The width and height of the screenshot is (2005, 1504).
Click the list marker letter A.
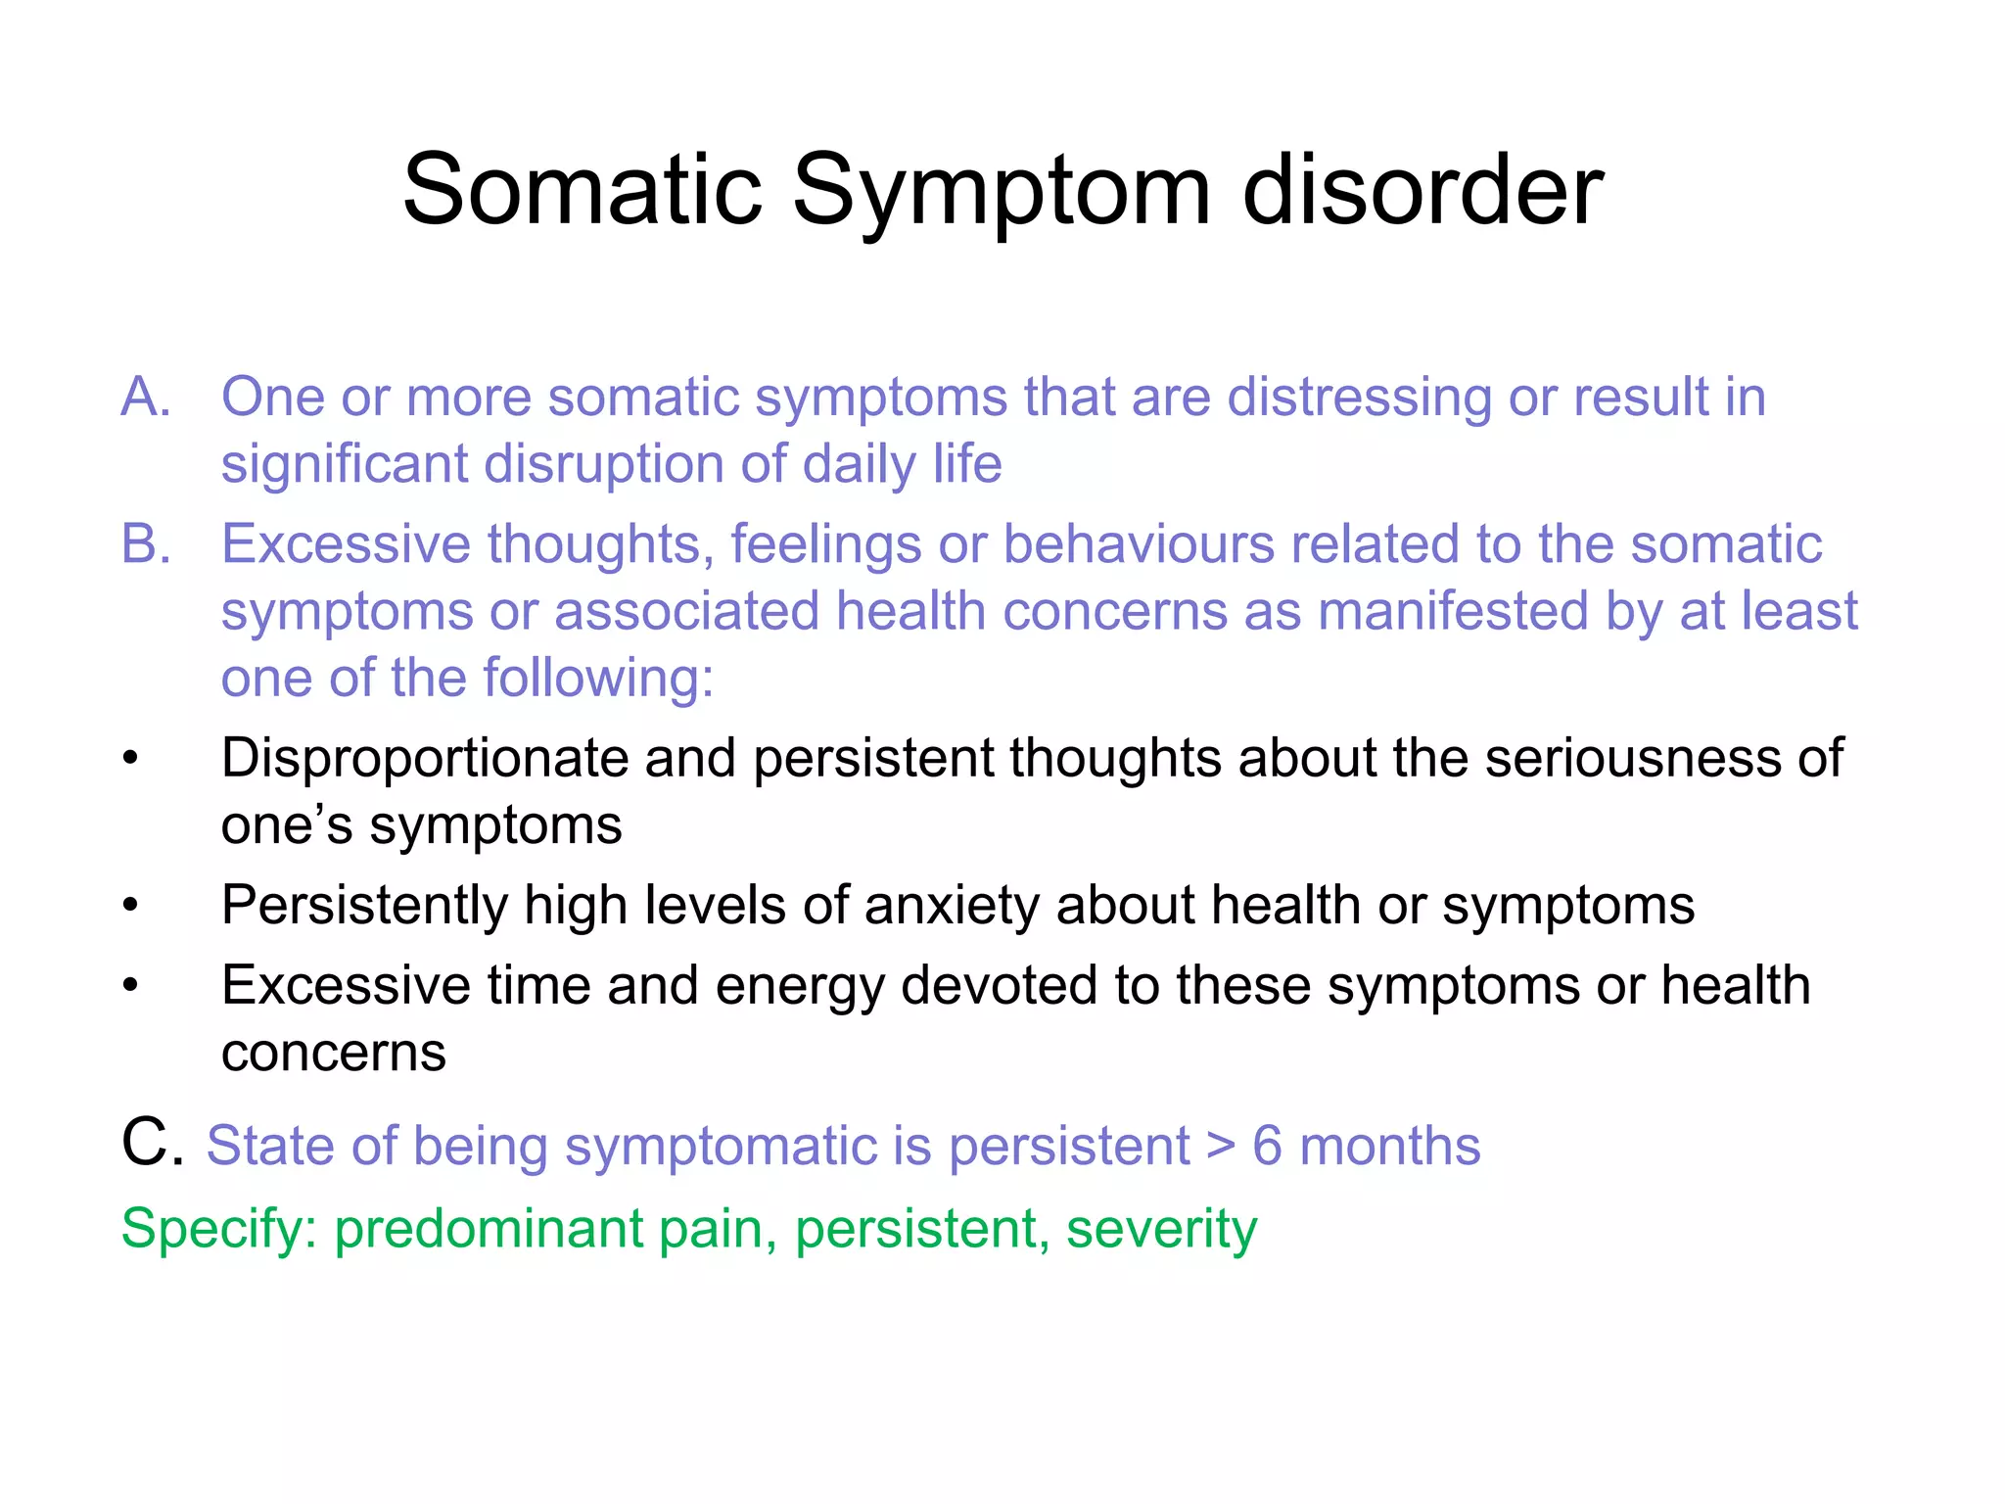(145, 398)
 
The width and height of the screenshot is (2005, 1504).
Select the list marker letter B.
(145, 544)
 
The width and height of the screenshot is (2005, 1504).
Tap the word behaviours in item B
(1139, 544)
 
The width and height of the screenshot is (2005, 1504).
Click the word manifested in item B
(1453, 612)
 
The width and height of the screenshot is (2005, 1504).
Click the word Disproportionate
(424, 759)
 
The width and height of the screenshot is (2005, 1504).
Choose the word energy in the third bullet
(800, 986)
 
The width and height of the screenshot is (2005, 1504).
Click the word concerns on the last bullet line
(333, 1054)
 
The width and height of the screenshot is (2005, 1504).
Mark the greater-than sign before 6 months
(1220, 1147)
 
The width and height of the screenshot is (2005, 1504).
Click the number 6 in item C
(1267, 1146)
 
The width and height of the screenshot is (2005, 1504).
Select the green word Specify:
(218, 1229)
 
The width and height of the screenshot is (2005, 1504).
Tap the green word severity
(1161, 1229)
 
